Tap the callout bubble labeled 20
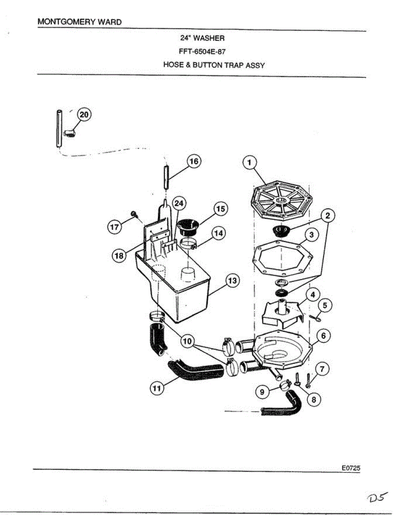(x=84, y=115)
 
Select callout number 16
(x=194, y=161)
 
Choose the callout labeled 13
(x=232, y=281)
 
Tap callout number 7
(x=322, y=368)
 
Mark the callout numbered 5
(x=325, y=306)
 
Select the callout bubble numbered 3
(x=312, y=235)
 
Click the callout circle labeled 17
(x=114, y=227)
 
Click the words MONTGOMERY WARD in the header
(x=79, y=21)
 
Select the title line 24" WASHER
(x=202, y=38)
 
